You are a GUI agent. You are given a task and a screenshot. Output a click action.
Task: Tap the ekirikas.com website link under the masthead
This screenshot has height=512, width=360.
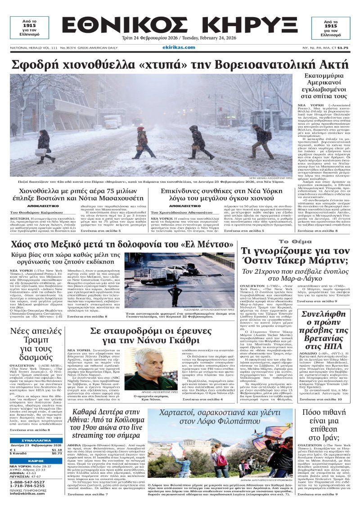click(179, 47)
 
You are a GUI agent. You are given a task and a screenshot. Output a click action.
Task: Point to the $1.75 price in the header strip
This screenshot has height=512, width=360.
click(343, 47)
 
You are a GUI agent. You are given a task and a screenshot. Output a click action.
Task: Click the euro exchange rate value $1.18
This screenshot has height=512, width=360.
click(57, 450)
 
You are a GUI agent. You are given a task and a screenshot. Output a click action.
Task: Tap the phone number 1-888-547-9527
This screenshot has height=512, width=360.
click(27, 482)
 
